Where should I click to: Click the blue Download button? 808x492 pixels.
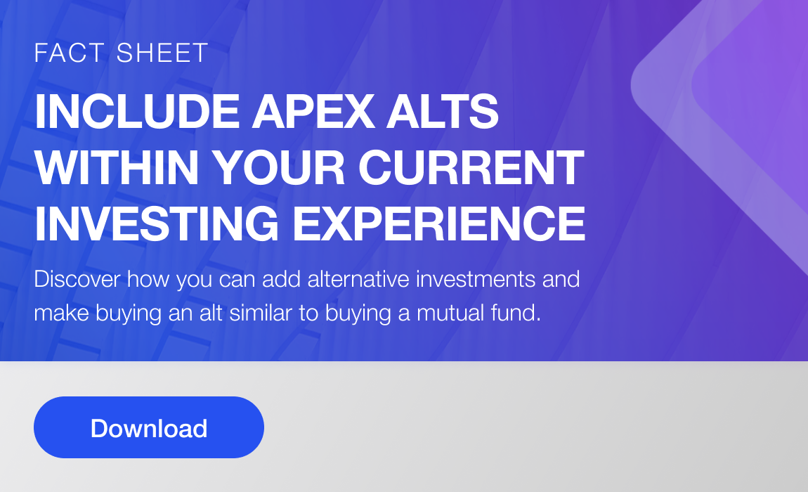[x=149, y=427]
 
